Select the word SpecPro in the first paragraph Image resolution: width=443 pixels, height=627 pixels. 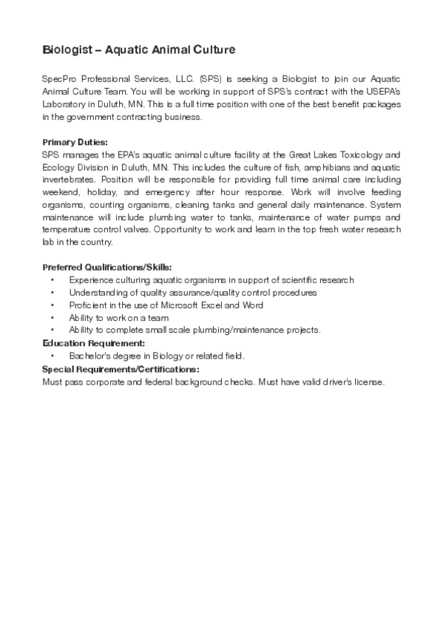coord(58,78)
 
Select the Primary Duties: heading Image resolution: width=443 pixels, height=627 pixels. coord(75,142)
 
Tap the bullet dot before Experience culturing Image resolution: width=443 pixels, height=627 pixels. coord(53,280)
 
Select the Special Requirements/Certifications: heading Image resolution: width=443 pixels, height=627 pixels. coord(120,368)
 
